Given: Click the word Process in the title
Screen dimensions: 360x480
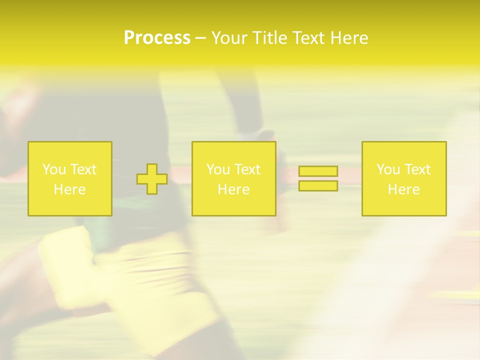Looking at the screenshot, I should (x=157, y=38).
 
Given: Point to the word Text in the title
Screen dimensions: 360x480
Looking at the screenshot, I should (x=309, y=38).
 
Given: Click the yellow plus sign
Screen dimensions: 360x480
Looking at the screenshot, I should (x=152, y=179).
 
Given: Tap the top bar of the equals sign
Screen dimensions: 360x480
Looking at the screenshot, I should (x=318, y=171).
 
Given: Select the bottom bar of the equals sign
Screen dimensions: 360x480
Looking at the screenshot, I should (x=318, y=186).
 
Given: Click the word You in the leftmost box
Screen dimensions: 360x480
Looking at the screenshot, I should (x=54, y=169).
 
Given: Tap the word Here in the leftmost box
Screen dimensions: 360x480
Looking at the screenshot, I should (x=69, y=189).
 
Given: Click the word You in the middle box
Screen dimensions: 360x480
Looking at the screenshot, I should (x=218, y=169).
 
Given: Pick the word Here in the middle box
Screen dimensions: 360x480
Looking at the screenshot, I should (x=233, y=189).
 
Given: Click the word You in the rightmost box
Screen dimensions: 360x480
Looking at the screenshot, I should (x=388, y=169).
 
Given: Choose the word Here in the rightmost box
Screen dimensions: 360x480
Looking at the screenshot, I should (x=403, y=189).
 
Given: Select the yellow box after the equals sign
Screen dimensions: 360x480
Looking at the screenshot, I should (x=404, y=205).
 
